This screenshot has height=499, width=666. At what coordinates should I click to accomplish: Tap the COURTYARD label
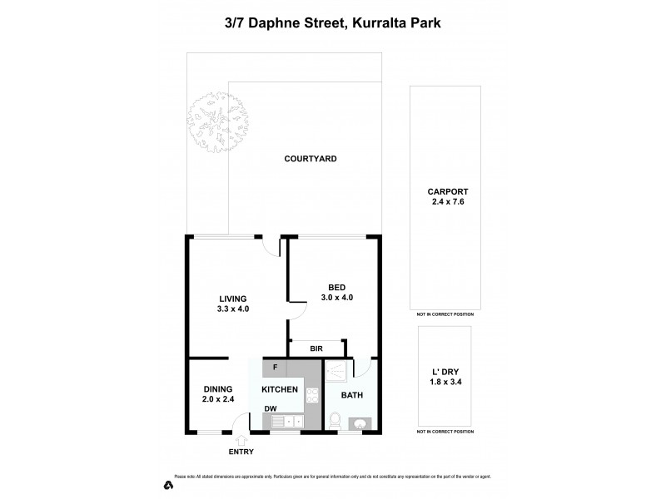point(310,159)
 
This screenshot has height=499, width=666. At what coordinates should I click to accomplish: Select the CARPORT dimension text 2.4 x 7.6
point(444,201)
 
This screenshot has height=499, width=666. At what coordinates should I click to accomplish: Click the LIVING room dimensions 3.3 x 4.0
point(233,309)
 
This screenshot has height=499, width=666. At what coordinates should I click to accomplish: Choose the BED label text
point(336,287)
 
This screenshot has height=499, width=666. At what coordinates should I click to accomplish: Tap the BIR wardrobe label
point(316,349)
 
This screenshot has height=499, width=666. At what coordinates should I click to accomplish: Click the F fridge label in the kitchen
point(274,367)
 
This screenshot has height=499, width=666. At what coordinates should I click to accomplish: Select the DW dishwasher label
point(271,408)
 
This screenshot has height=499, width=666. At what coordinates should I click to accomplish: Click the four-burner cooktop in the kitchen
point(311,396)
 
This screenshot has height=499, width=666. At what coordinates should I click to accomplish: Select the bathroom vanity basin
point(360,423)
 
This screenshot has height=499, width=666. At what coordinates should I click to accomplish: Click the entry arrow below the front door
point(241,442)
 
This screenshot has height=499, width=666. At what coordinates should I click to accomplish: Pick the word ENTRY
point(241,452)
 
